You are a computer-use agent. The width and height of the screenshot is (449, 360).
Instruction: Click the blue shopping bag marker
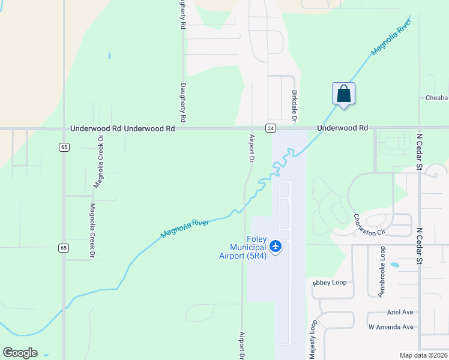(343, 94)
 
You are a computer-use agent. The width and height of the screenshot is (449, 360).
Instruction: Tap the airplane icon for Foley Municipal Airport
(276, 246)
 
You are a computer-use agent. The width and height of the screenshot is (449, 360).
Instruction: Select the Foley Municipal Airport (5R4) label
(249, 247)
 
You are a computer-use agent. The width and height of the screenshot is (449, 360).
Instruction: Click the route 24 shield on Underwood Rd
(271, 128)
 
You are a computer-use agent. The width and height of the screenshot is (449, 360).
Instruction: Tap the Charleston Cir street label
(369, 225)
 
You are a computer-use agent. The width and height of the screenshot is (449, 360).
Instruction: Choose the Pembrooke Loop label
(381, 271)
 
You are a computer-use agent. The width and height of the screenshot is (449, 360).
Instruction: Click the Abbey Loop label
(330, 283)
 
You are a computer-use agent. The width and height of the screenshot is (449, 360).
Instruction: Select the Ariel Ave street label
(400, 313)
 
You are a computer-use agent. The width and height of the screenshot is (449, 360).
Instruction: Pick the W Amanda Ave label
(391, 327)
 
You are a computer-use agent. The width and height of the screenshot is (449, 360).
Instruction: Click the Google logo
(20, 353)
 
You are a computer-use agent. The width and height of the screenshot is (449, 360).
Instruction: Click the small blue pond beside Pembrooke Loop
(394, 265)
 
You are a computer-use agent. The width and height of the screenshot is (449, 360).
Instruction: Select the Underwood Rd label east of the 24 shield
(342, 128)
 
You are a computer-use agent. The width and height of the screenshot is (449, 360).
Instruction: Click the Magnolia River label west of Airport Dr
(184, 229)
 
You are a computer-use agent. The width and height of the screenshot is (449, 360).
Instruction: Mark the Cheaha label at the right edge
(436, 98)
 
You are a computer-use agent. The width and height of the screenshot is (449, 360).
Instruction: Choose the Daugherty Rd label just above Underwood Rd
(183, 102)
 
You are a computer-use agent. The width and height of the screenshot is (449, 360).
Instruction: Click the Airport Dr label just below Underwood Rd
(252, 148)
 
